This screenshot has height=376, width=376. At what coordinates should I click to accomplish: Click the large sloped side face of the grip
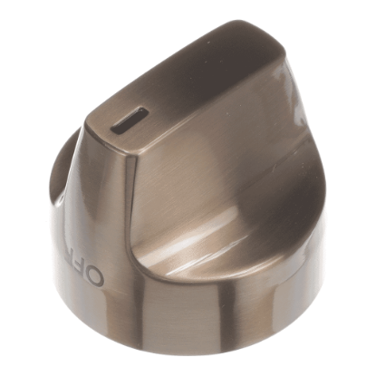coord(217,172)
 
